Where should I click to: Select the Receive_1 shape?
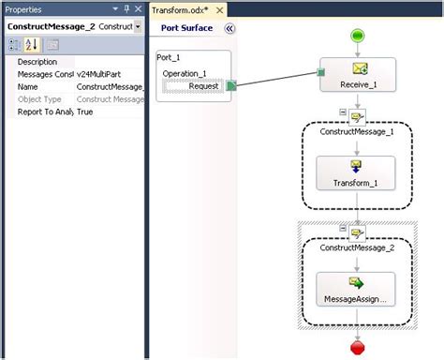click(357, 75)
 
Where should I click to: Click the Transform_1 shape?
click(356, 174)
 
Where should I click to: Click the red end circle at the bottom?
click(357, 349)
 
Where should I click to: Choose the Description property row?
click(37, 62)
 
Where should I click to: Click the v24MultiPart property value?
click(108, 74)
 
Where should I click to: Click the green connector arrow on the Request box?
click(230, 86)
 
